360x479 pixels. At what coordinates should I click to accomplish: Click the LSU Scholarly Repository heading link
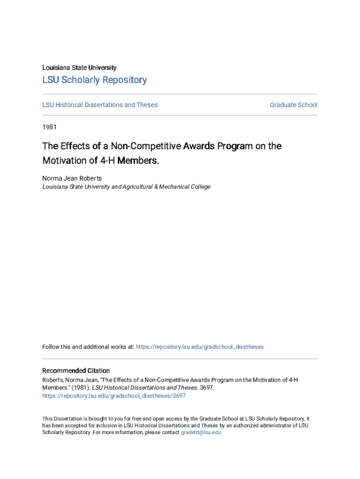94,80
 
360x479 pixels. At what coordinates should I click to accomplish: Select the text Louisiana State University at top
79,67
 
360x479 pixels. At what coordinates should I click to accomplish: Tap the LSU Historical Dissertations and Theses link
100,105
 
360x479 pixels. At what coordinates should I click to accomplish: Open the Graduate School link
293,105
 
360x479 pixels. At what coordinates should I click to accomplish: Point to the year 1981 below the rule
50,127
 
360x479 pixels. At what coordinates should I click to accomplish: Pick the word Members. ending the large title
138,160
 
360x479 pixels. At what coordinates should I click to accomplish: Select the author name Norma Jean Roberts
72,178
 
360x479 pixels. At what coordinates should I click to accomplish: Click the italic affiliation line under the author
126,187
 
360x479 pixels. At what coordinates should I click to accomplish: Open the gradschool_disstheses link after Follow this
199,347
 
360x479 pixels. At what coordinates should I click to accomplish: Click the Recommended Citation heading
76,370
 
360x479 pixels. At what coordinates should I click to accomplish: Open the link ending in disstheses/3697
114,396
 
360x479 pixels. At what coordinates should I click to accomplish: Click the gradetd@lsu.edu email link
201,432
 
